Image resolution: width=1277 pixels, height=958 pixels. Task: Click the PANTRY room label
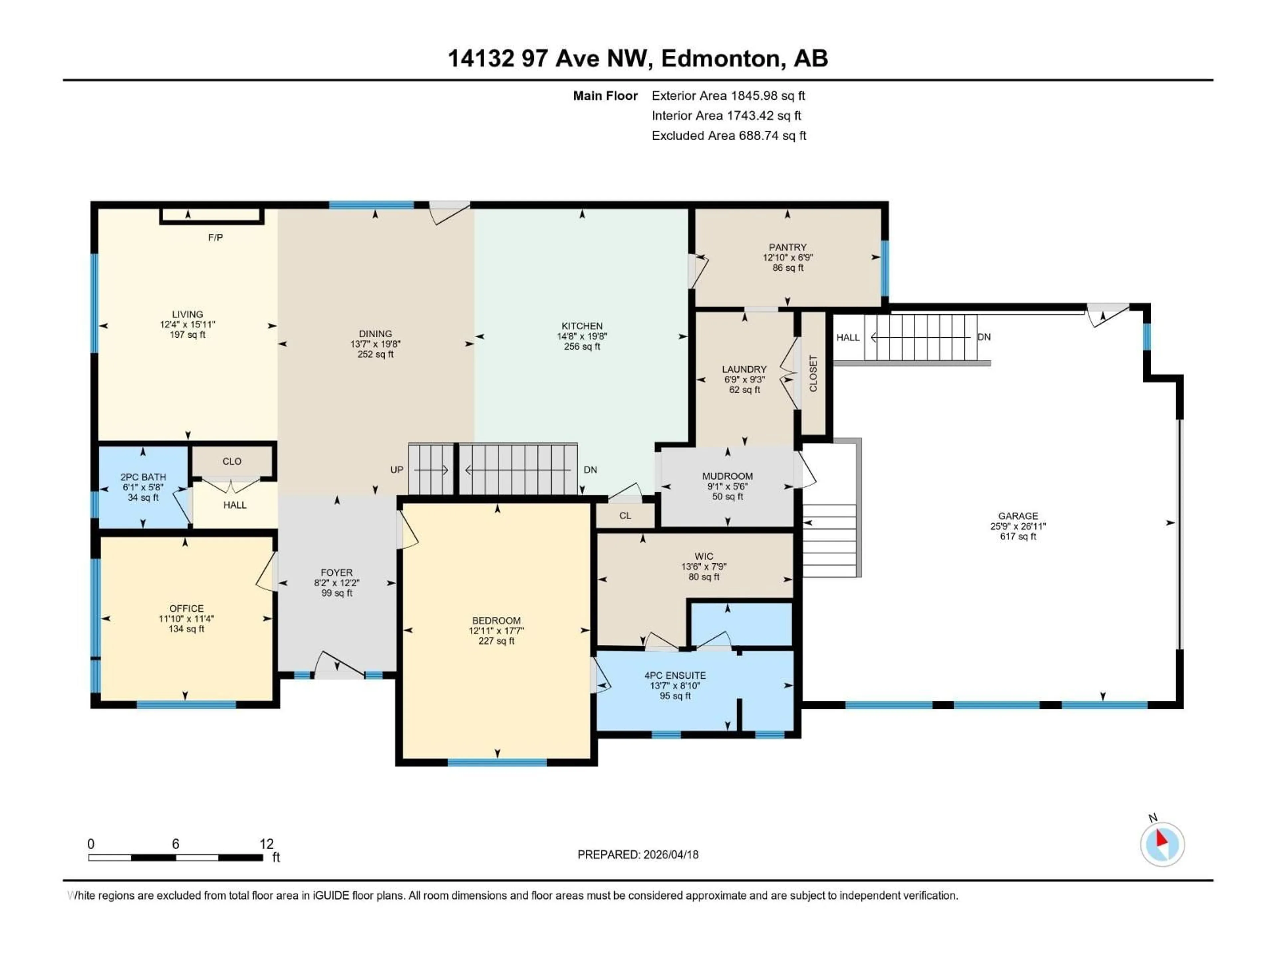pos(787,247)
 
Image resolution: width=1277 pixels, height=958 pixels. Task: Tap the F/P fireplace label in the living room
pos(215,237)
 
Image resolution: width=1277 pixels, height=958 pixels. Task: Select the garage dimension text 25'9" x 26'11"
pos(1018,526)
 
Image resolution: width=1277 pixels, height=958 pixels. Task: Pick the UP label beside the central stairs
pos(397,470)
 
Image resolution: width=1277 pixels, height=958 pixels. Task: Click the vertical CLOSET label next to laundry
pos(813,374)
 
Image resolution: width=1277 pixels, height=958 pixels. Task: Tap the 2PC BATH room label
pos(143,477)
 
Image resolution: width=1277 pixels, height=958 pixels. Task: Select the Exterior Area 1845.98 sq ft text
pos(728,96)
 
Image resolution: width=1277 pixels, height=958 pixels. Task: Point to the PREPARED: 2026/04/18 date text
pos(638,855)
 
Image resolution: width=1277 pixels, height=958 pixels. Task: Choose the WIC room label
pos(704,556)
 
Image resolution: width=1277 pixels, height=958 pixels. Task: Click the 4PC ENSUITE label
pos(675,675)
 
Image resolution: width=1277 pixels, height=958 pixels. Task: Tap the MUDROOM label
pos(727,476)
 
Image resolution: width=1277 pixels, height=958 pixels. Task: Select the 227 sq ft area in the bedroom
pos(497,641)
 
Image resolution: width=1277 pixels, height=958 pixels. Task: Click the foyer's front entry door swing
pos(340,665)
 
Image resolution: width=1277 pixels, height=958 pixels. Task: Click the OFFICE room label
pos(187,609)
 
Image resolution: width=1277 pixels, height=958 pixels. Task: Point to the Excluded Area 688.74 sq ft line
pos(729,136)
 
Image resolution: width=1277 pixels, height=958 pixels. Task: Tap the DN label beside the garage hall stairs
pos(984,337)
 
